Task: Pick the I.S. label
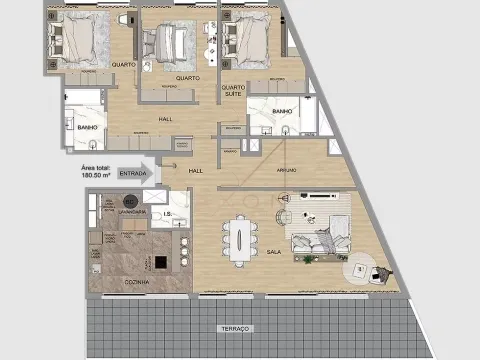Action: click(x=172, y=213)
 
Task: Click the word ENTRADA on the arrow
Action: click(x=132, y=173)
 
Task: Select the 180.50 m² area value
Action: click(x=97, y=174)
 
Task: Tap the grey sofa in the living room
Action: click(x=319, y=243)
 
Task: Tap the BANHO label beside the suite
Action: click(x=281, y=112)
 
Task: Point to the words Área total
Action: click(x=96, y=166)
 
